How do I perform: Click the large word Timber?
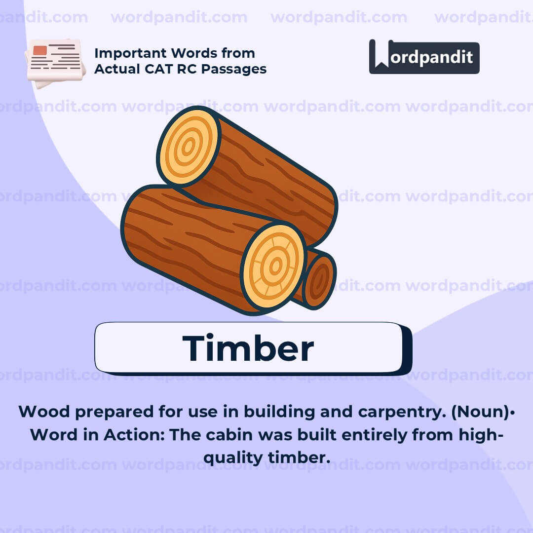tap(248, 348)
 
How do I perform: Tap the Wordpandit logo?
tap(424, 57)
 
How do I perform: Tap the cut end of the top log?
tap(188, 148)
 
